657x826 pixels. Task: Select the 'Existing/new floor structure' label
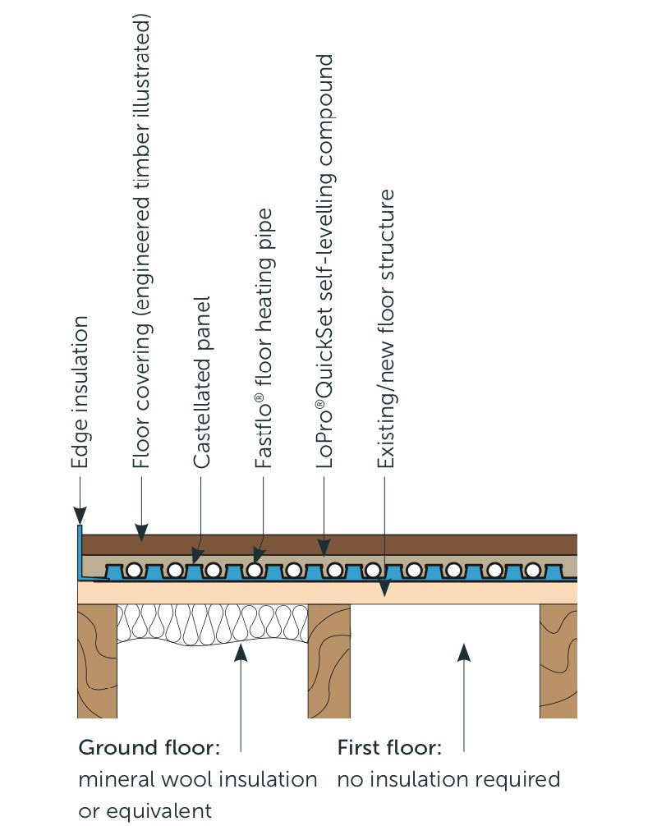point(385,329)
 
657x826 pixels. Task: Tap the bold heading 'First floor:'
point(389,749)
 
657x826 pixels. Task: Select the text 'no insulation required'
point(448,779)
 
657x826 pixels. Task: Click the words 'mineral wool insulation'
point(197,779)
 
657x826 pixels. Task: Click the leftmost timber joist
point(97,660)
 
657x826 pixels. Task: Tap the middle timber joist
point(329,660)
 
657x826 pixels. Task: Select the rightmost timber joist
point(558,660)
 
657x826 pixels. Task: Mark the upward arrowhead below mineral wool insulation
point(241,652)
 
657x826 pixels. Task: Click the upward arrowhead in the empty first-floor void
point(464,652)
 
